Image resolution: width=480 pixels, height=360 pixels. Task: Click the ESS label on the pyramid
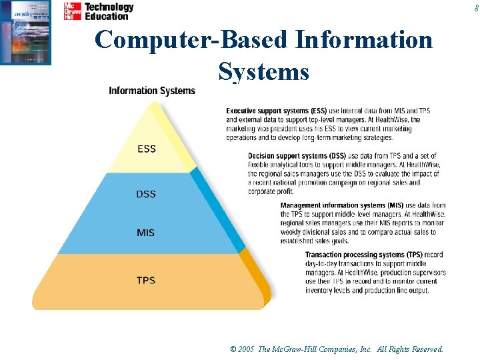coord(147,149)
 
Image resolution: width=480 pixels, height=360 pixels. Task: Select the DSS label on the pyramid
coord(146,194)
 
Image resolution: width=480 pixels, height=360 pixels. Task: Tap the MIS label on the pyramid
coord(146,233)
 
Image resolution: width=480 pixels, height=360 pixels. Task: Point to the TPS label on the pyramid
coord(146,280)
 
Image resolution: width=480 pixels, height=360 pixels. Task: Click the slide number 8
coord(476,8)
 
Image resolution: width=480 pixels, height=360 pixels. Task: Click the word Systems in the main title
coord(264,71)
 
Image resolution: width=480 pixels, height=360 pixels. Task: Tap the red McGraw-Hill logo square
coord(73,11)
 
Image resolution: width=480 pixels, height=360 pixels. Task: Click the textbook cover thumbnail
coord(26,32)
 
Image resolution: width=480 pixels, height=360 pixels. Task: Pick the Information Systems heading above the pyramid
coord(152,91)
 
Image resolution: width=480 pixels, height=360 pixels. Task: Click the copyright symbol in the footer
coord(233,349)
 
